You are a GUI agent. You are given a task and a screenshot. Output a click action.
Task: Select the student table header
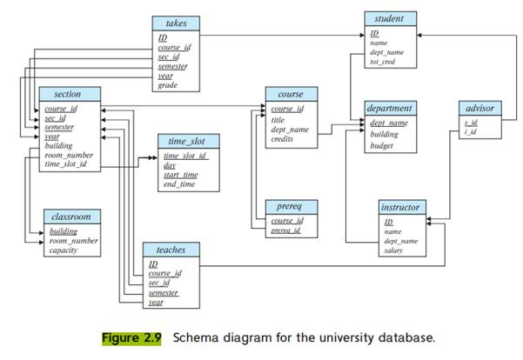click(391, 17)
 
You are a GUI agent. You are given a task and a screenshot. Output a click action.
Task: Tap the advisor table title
click(479, 108)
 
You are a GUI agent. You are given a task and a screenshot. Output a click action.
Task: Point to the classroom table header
click(70, 216)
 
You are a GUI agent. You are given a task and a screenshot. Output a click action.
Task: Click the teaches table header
click(171, 249)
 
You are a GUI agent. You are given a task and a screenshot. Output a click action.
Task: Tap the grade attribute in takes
click(168, 85)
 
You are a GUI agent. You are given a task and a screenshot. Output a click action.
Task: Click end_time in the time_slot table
click(180, 183)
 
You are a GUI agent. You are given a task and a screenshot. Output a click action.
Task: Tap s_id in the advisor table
click(471, 123)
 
